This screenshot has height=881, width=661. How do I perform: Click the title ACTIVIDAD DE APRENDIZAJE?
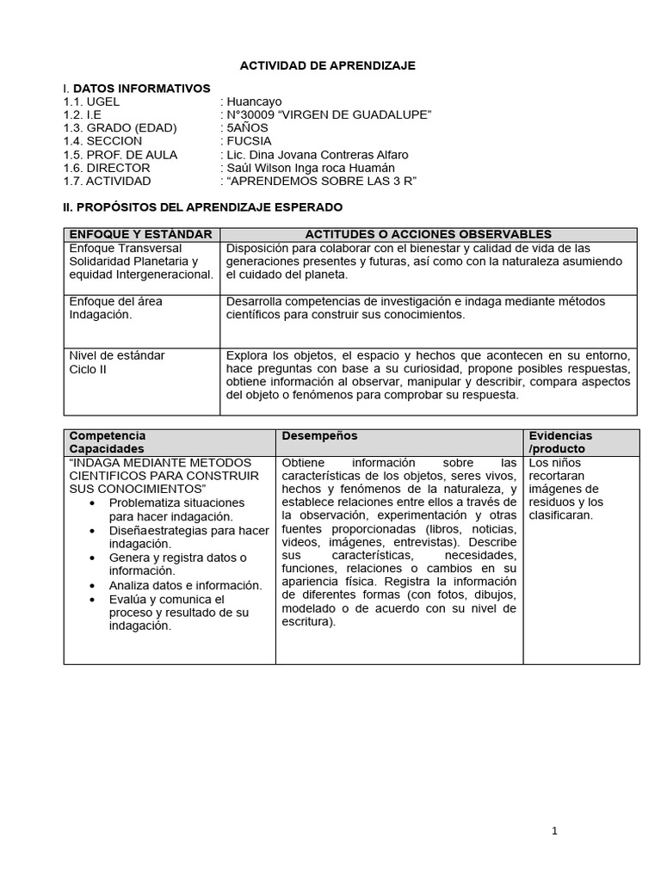pos(327,65)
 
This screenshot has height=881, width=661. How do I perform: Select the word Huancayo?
pos(254,102)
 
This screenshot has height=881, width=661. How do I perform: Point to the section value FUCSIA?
pos(249,141)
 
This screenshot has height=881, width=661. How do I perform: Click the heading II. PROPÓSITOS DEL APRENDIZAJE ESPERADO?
pos(203,207)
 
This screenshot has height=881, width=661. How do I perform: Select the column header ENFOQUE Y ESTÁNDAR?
pos(140,234)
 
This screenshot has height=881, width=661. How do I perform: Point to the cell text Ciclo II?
pos(88,369)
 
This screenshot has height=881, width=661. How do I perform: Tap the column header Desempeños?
pos(319,436)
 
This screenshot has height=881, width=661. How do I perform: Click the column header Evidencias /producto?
pos(559,442)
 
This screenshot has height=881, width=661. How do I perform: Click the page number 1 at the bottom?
pos(555,830)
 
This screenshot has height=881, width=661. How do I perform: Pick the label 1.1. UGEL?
pos(91,102)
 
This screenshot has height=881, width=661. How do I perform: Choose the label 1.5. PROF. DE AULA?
pos(120,155)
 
